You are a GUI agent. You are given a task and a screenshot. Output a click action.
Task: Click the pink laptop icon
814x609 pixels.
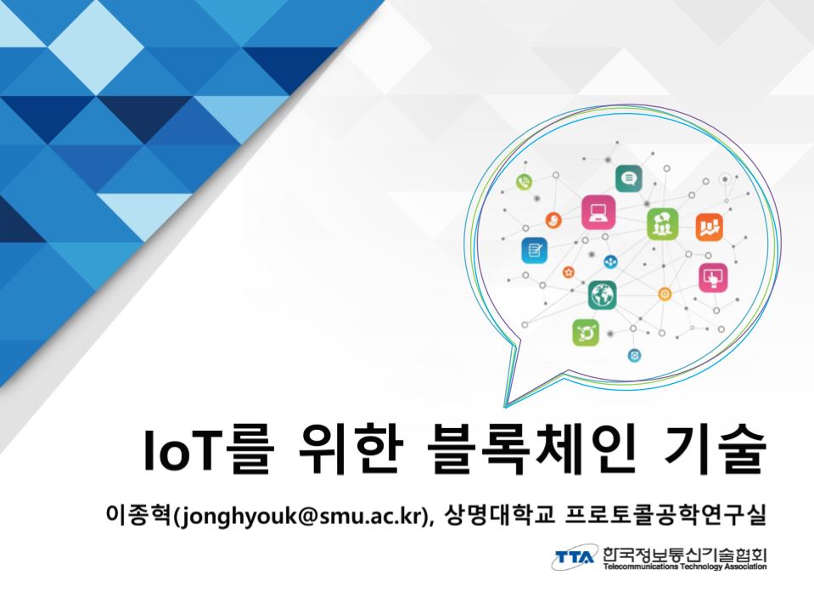(x=598, y=212)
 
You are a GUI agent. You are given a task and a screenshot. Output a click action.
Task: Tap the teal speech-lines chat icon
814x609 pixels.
(x=629, y=178)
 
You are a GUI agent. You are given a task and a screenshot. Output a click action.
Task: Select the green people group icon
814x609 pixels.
(x=662, y=224)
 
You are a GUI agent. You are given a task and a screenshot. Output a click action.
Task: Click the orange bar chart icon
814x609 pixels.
(x=709, y=227)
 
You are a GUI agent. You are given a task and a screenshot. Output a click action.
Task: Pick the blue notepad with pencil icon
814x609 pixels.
(x=534, y=251)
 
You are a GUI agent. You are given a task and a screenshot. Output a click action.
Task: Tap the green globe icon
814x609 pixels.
(x=602, y=295)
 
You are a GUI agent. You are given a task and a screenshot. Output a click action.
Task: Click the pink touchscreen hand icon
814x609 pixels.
(x=713, y=278)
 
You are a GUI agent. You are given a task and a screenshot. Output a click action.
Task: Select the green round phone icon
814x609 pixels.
(x=525, y=182)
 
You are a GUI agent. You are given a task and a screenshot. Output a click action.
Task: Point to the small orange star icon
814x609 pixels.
(x=569, y=272)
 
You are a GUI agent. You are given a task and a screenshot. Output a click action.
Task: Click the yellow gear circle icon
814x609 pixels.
(x=665, y=294)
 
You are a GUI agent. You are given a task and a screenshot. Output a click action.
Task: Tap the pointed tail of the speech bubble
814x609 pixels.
(x=505, y=405)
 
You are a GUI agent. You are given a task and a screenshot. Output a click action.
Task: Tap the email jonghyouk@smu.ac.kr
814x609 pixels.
(x=300, y=516)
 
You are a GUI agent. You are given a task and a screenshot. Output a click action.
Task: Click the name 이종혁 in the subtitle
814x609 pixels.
(x=138, y=515)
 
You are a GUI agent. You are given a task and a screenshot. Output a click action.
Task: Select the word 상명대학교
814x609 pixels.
(x=500, y=515)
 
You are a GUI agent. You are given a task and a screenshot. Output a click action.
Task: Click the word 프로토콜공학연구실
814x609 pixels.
(x=666, y=515)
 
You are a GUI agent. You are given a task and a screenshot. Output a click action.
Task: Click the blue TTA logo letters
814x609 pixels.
(x=575, y=557)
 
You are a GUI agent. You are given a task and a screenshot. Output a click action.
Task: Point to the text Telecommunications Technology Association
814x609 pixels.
(x=685, y=567)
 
